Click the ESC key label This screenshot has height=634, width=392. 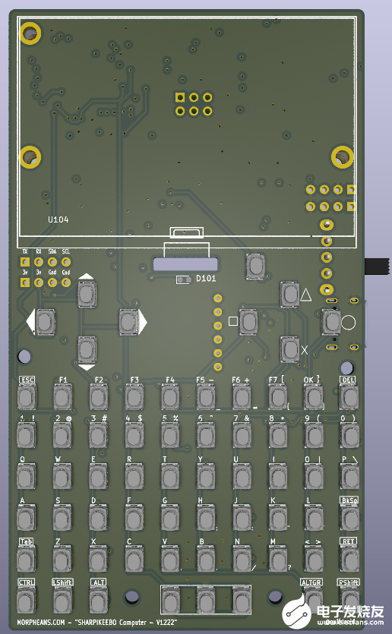pos(27,380)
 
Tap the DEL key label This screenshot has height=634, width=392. pos(348,380)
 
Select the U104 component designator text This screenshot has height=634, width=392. pos(58,219)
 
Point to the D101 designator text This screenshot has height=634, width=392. pos(207,279)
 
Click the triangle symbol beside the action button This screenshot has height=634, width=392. pos(306,295)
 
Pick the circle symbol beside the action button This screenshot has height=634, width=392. pos(348,323)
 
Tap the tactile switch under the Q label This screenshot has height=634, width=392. pos(27,477)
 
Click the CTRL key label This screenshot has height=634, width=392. pos(27,582)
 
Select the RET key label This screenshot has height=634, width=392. pos(348,541)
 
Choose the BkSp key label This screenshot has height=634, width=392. pos(348,500)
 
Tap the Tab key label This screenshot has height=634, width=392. pos(26,541)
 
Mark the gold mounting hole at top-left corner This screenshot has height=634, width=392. pos(30,33)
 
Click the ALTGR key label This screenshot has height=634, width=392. pos(311,582)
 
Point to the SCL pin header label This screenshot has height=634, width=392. pos(66,251)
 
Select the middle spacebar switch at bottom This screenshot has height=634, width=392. pos(205,601)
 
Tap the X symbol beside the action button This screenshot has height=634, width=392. pos(305,350)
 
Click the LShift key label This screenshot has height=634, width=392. pos(62,582)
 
